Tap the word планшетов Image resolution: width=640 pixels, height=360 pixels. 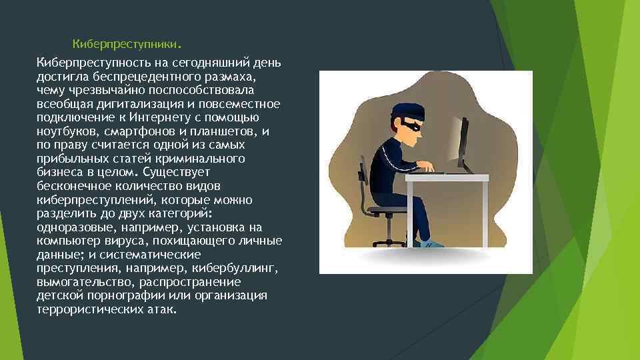[226, 131]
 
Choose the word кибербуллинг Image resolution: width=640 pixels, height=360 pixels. [233, 268]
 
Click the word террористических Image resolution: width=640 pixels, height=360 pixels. [85, 309]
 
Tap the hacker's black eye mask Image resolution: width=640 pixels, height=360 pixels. [408, 125]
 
